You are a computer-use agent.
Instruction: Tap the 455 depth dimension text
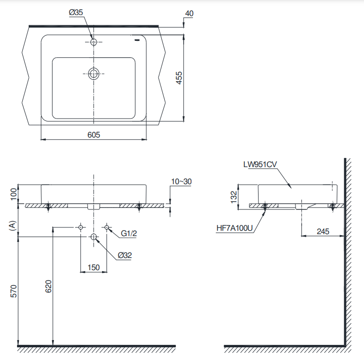click(x=178, y=78)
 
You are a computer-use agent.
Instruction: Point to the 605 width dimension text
click(x=93, y=135)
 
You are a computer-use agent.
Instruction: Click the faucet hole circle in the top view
click(x=93, y=42)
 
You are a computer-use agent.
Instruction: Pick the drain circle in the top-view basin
click(x=93, y=74)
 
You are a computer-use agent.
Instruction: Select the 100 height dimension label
click(x=14, y=194)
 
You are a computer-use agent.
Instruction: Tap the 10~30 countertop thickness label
click(x=182, y=182)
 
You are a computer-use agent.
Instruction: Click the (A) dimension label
click(x=14, y=225)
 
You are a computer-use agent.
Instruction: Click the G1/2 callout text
click(x=129, y=234)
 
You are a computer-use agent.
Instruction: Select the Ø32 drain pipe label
click(x=124, y=255)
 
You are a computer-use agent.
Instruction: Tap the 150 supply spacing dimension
click(x=93, y=267)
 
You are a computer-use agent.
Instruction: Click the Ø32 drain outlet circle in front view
click(x=94, y=237)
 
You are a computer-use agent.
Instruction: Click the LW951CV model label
click(x=260, y=165)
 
